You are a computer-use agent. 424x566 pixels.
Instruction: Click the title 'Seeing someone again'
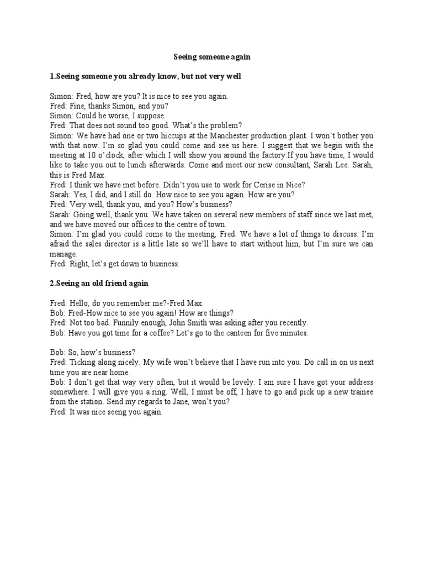pos(213,56)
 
